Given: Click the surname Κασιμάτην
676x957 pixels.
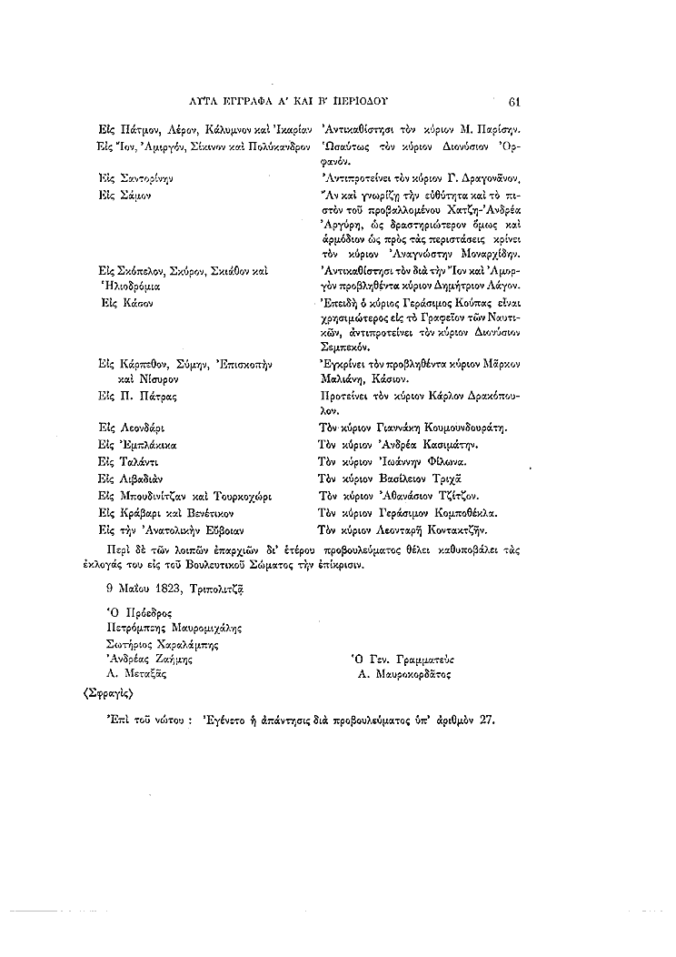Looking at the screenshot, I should pos(442,445).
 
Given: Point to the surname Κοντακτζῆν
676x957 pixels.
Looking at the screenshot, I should pos(454,529).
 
